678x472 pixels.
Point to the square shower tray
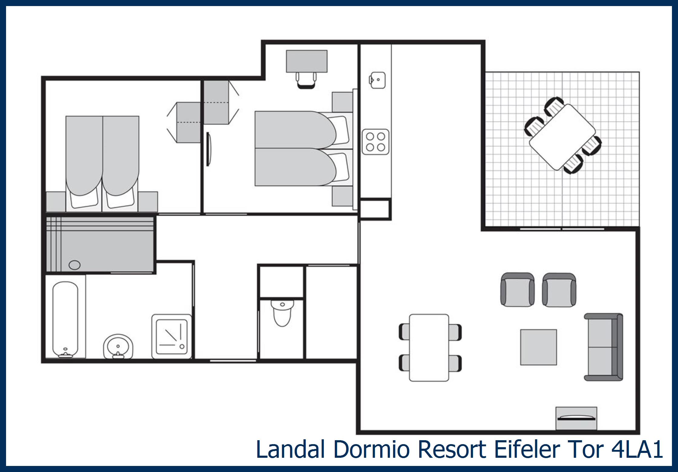pos(172,336)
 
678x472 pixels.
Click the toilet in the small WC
pos(282,313)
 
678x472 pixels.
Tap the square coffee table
pos(538,347)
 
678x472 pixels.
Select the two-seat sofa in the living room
pos(603,347)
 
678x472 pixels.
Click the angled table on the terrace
pos(562,137)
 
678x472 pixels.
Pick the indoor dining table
pos(429,348)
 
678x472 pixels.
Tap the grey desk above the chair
pos(307,61)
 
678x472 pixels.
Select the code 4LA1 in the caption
pos(637,449)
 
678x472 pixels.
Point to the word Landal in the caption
pos(290,449)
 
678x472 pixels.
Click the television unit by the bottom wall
pos(576,418)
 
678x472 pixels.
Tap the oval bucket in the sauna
pos(74,265)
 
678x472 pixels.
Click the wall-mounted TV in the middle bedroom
pos(208,149)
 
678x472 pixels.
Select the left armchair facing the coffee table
pos(517,290)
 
